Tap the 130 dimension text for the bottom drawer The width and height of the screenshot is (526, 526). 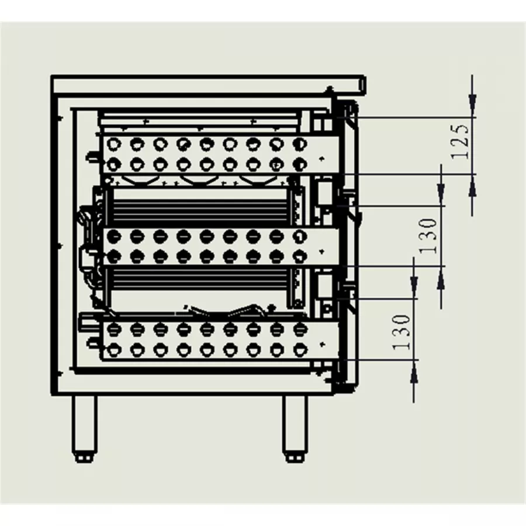pos(401,333)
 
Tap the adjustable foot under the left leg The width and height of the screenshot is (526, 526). pos(85,456)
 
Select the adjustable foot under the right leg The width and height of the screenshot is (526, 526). pos(294,456)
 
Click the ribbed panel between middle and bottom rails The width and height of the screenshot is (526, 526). pos(199,287)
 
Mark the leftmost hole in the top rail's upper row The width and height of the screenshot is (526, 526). pos(113,143)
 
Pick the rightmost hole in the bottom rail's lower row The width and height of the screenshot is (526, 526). pos(299,349)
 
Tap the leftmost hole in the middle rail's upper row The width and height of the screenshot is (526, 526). pos(113,236)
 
